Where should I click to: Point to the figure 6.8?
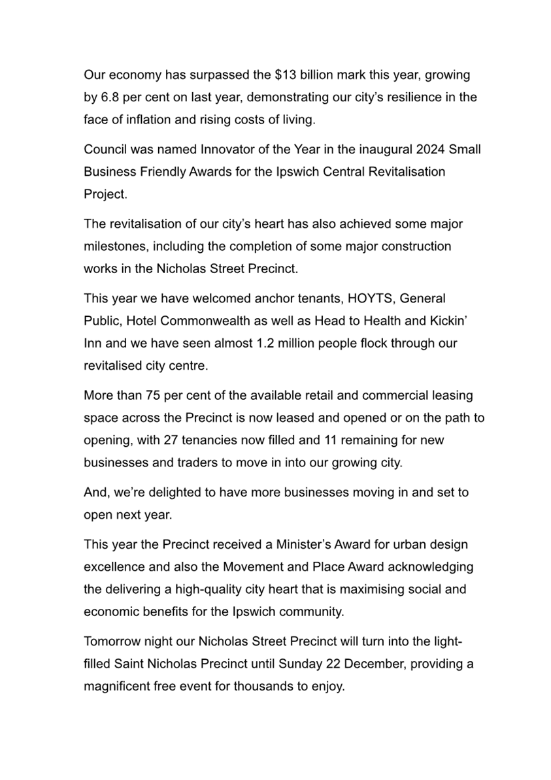point(110,97)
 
